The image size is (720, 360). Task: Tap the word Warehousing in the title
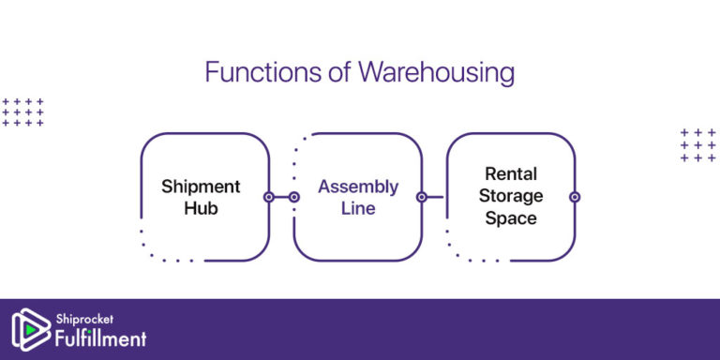point(437,72)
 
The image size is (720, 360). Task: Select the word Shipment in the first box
point(201,186)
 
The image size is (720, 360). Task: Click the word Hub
point(201,207)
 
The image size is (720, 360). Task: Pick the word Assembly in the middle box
point(357,186)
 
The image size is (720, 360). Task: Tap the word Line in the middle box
point(357,207)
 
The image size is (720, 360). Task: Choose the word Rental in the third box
point(511,174)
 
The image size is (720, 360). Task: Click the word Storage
point(511,196)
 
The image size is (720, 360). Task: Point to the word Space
point(511,217)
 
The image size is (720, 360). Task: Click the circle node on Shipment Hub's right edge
point(269,197)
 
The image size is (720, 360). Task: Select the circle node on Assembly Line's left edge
point(293,197)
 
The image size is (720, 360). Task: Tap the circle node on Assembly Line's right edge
point(422,197)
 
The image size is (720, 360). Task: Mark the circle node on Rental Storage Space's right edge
point(575,197)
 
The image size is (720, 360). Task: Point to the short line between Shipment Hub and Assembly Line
point(281,197)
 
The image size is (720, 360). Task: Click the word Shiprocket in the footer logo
point(84,319)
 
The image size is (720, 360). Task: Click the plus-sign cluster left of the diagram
point(23,112)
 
